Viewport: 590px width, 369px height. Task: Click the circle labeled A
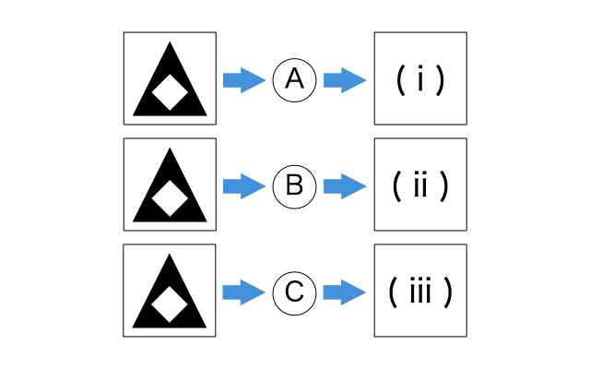tap(295, 80)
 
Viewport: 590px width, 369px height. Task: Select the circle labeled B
tap(295, 186)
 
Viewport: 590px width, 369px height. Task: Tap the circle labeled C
tap(295, 292)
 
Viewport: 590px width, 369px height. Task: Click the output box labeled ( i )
tap(420, 78)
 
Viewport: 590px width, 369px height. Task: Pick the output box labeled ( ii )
tap(420, 184)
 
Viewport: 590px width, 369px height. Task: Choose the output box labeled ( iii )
tap(420, 291)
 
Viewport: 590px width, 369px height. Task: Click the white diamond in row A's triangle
tap(170, 93)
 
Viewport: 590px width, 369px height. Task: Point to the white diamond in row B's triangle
tap(170, 199)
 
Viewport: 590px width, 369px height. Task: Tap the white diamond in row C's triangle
tap(170, 305)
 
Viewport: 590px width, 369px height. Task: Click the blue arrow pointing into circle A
tap(243, 80)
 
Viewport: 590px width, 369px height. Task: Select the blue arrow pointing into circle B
tap(243, 186)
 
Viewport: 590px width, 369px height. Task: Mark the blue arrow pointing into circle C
tap(243, 292)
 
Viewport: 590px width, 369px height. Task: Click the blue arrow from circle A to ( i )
tap(345, 80)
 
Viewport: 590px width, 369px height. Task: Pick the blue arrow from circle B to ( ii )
tap(345, 186)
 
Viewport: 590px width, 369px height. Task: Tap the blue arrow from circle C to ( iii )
tap(345, 292)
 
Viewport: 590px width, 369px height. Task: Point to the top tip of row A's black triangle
tap(170, 44)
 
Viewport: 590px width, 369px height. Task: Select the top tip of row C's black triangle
tap(170, 256)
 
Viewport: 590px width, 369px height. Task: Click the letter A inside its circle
tap(295, 80)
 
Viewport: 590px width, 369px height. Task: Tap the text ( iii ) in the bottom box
tap(420, 292)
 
